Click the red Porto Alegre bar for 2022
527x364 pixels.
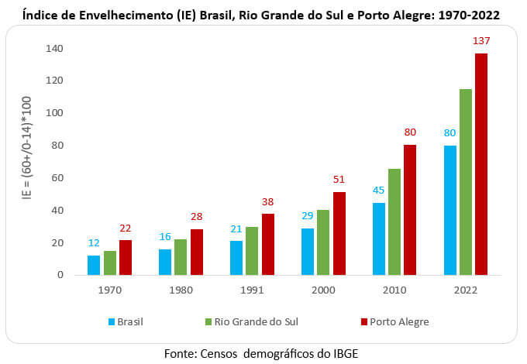coord(481,164)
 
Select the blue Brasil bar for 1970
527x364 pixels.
coord(94,265)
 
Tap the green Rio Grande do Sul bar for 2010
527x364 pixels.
coord(394,221)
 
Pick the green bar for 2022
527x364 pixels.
coord(466,182)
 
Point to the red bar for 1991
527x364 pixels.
coord(267,244)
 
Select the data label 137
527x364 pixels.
coord(481,41)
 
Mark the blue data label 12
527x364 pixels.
coord(94,243)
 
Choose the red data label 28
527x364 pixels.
coord(196,216)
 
